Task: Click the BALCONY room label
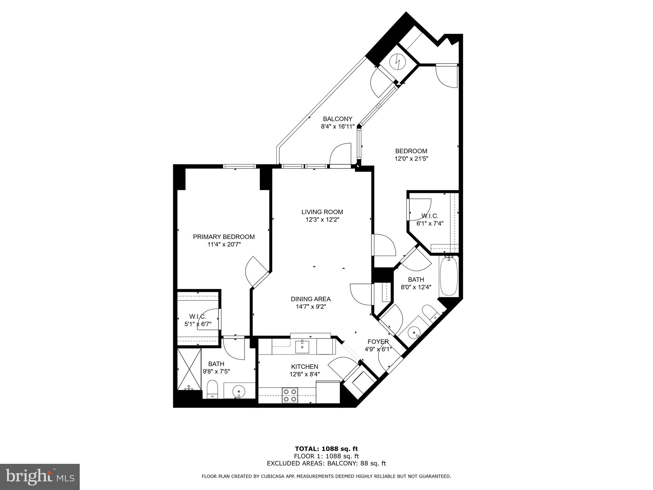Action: pos(337,119)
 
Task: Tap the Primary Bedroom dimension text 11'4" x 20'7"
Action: pos(224,245)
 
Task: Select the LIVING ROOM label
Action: pos(322,212)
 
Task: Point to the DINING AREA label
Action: pos(311,299)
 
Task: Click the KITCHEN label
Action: pos(304,367)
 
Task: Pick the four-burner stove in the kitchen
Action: pos(290,395)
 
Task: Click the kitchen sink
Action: pos(302,346)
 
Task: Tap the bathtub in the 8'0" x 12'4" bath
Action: pos(449,277)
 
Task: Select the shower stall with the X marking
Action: pos(189,369)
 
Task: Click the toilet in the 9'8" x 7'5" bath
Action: pos(212,389)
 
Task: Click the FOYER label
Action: pos(378,341)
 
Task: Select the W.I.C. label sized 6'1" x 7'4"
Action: pos(430,216)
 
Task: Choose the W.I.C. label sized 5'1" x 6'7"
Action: pos(198,316)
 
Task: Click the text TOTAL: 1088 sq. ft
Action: pos(326,449)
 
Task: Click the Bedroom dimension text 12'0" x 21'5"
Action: pos(411,159)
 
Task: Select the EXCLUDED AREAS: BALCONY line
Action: pos(326,463)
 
